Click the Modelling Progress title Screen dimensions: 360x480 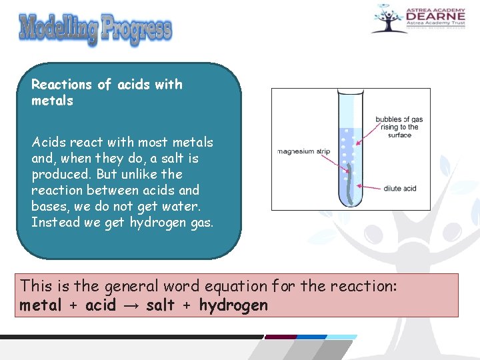click(x=95, y=29)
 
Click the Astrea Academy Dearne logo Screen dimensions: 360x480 click(x=417, y=19)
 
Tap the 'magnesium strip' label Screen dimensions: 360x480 click(x=305, y=151)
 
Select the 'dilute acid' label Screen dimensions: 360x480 click(x=399, y=189)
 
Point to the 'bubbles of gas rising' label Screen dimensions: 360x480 click(x=398, y=127)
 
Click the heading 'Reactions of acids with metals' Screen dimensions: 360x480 click(x=107, y=93)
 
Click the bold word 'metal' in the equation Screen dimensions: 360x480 click(x=42, y=306)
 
